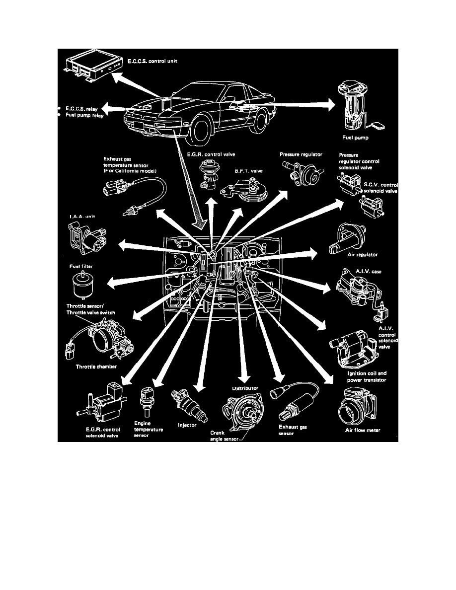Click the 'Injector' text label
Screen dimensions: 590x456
point(187,425)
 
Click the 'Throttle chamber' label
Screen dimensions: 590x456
point(96,367)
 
